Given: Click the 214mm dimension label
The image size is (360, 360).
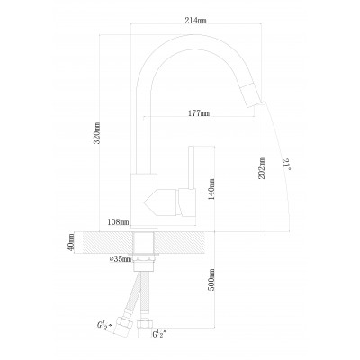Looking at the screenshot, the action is click(x=196, y=21).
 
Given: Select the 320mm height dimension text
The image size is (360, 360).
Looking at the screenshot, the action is click(x=96, y=133).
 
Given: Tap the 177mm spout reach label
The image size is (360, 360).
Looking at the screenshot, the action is click(x=199, y=113).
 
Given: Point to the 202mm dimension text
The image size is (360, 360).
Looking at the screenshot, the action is click(x=262, y=168).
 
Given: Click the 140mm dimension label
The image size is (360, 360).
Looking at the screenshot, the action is click(x=211, y=189).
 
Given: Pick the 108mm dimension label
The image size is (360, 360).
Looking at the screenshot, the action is click(x=119, y=222).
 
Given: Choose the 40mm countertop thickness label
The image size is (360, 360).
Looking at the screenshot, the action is click(x=71, y=242).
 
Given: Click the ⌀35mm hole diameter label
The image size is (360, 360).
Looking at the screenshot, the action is click(x=121, y=259).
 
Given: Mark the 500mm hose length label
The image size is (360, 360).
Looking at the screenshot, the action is click(x=211, y=280).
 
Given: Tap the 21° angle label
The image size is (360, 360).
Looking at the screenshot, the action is click(x=286, y=165).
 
